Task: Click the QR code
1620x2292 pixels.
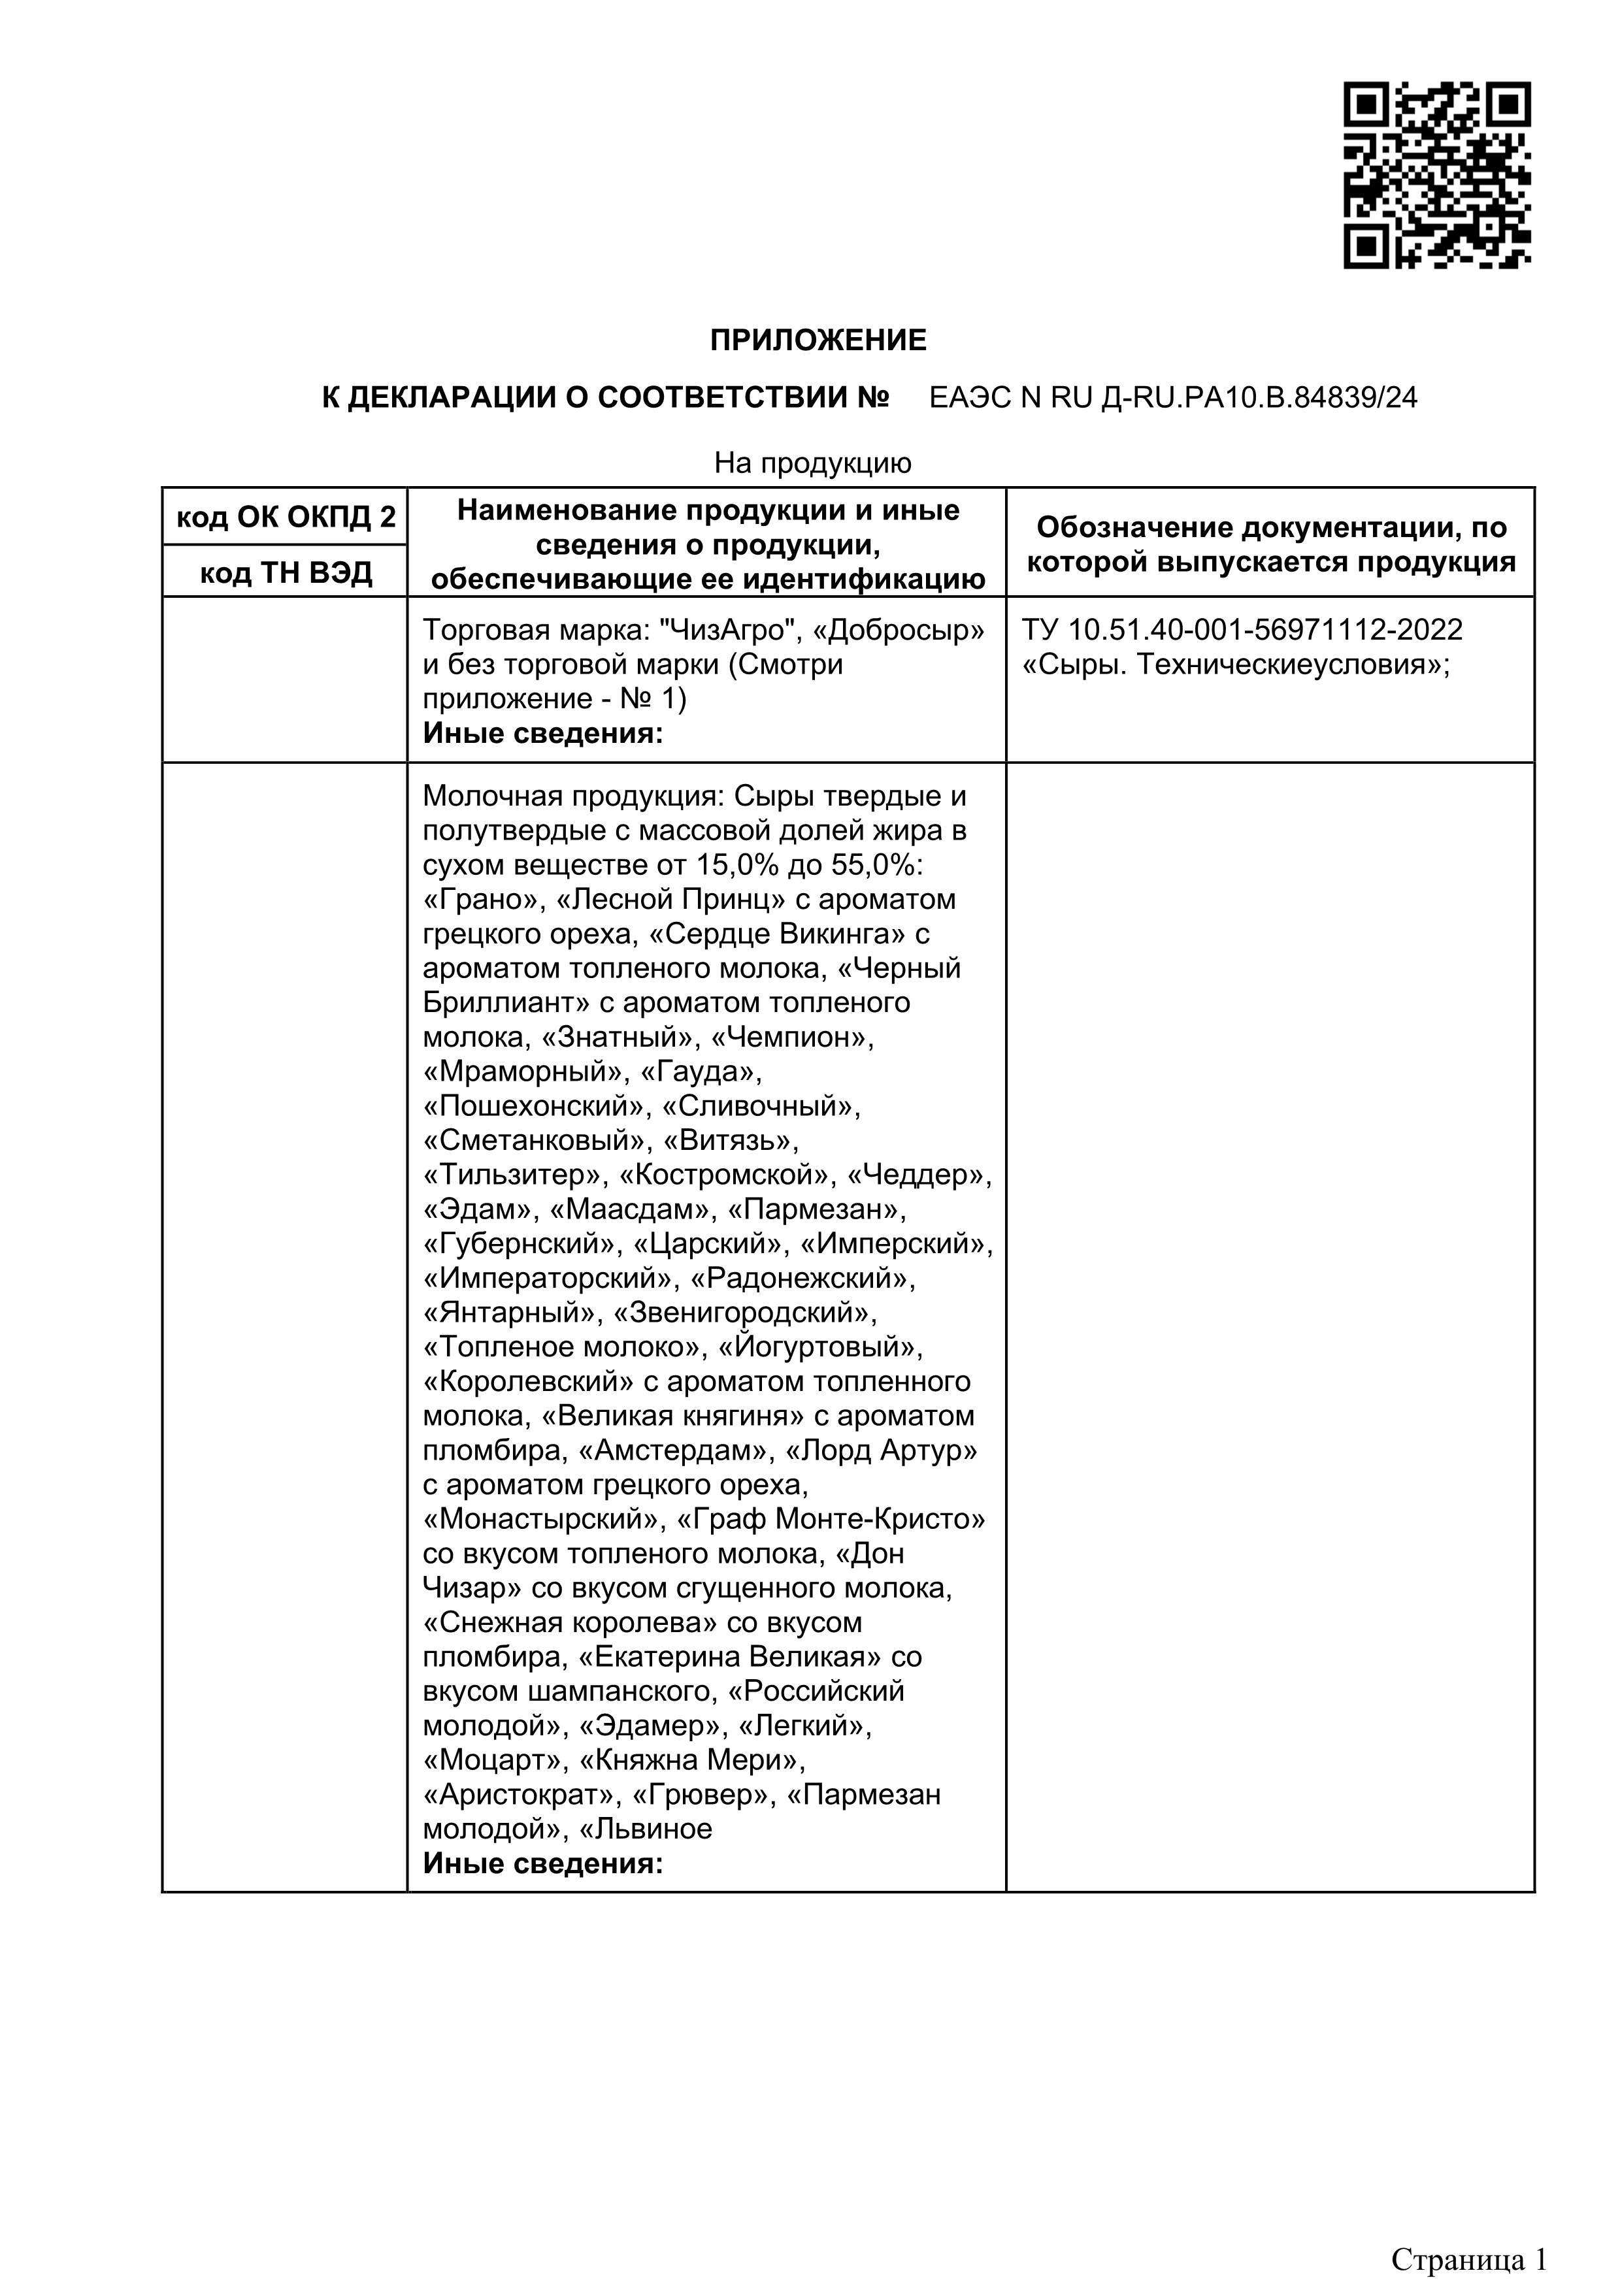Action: (1436, 176)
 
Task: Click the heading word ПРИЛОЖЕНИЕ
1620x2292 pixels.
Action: (818, 342)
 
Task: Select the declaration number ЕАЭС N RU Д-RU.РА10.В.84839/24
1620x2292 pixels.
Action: (1173, 399)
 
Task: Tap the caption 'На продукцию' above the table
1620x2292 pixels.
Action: (812, 463)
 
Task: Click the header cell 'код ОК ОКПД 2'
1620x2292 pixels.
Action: (286, 517)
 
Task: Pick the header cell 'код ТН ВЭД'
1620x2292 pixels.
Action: (286, 573)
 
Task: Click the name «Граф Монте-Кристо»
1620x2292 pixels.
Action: (831, 1519)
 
